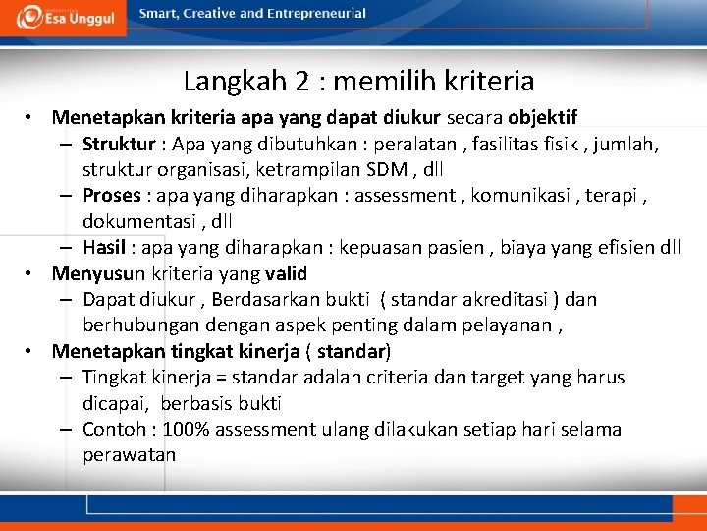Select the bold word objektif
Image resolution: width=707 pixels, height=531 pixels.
[x=542, y=118]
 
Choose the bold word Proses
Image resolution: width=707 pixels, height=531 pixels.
[x=112, y=195]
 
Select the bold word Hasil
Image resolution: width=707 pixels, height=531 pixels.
[x=105, y=247]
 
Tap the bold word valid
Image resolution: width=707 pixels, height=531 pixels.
[x=284, y=272]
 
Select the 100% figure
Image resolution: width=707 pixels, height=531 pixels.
[x=187, y=429]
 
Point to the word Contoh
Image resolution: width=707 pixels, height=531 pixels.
[x=114, y=429]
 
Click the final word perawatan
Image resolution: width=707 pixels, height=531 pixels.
[x=129, y=454]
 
